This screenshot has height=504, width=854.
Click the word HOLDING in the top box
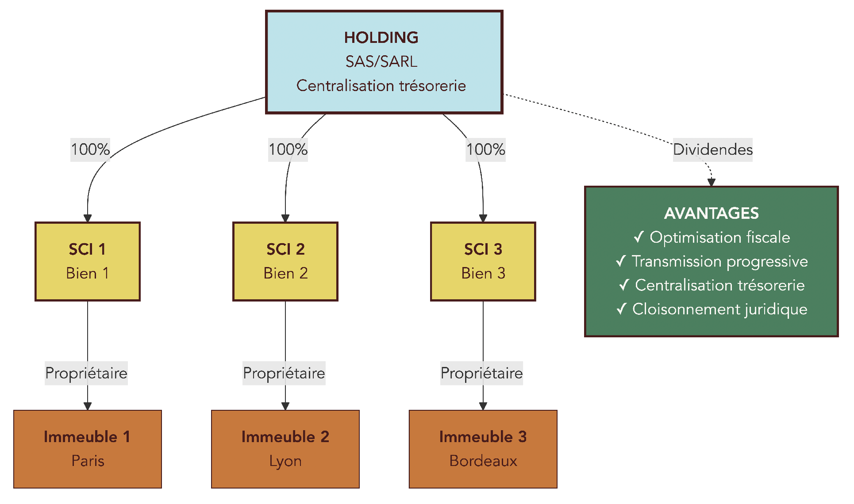tap(381, 38)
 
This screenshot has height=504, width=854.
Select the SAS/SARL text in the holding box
tap(381, 61)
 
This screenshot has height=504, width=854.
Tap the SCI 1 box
tap(88, 261)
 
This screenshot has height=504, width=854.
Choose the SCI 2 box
tap(285, 261)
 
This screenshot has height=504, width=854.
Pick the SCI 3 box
tap(483, 261)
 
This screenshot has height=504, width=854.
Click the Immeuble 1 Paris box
tap(88, 449)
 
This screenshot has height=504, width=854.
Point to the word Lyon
tap(285, 461)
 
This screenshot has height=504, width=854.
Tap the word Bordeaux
tap(483, 461)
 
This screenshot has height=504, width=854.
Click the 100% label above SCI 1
tap(90, 149)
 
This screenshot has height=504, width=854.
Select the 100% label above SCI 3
tap(485, 149)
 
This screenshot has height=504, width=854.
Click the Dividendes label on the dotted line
tap(712, 149)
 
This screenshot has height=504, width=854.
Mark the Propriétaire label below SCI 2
tap(284, 373)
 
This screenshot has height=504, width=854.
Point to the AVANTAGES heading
tap(711, 214)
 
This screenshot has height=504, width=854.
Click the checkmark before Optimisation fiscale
tap(638, 237)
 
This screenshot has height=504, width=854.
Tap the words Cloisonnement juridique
tap(719, 309)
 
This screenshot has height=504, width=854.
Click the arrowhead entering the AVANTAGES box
tap(712, 183)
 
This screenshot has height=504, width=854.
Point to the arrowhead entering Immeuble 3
tap(483, 406)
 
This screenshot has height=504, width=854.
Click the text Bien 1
tap(88, 273)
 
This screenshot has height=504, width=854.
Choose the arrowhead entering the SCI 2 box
tap(285, 218)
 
